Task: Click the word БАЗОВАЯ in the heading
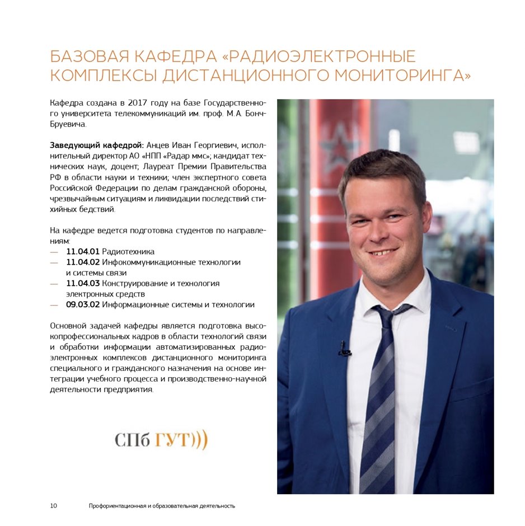point(86,57)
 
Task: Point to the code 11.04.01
point(83,252)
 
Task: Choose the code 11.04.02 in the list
point(83,262)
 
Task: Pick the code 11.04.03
point(83,284)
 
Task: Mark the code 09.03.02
point(83,305)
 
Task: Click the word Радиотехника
point(128,252)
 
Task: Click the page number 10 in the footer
point(54,506)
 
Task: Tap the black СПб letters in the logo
point(132,440)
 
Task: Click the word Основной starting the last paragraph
point(68,326)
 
